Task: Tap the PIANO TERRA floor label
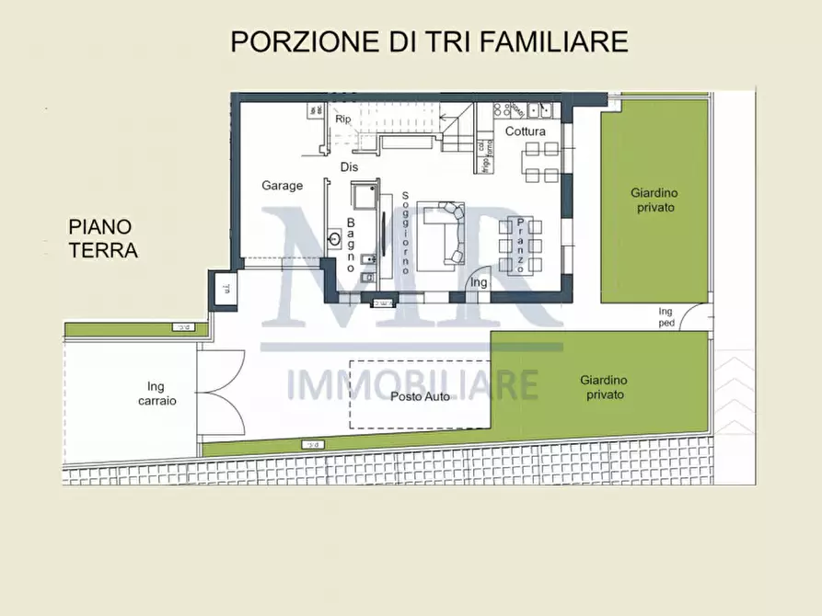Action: click(x=102, y=237)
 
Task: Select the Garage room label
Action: click(x=282, y=186)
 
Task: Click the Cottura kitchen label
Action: click(x=525, y=131)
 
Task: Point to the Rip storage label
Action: click(x=343, y=120)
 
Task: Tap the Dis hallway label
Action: click(x=349, y=167)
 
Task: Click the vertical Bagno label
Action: click(x=351, y=245)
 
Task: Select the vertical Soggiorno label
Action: click(x=404, y=234)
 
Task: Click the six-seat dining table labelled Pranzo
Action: click(x=520, y=245)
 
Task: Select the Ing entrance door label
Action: click(x=479, y=283)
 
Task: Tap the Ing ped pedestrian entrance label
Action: click(x=666, y=317)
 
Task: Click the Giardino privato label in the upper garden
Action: click(x=654, y=200)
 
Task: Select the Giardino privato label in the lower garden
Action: click(x=603, y=386)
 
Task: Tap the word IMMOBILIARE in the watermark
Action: click(x=412, y=383)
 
